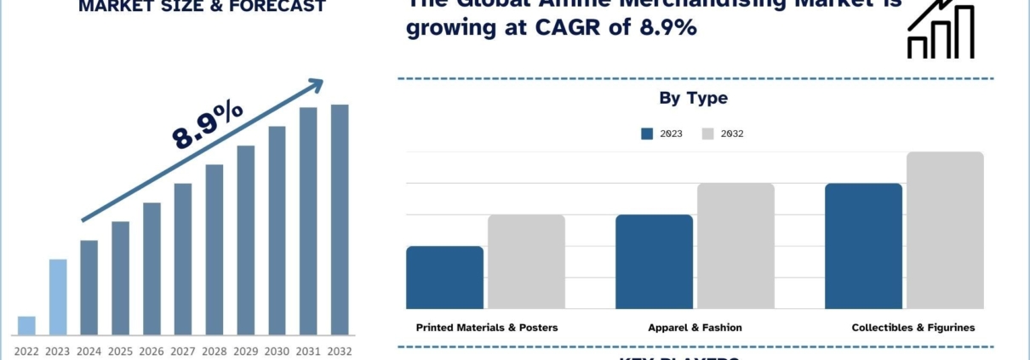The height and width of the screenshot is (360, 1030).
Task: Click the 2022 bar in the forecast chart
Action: click(x=26, y=325)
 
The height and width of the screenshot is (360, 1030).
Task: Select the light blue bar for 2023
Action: click(x=58, y=297)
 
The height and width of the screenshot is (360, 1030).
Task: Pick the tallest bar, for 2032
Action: click(x=340, y=220)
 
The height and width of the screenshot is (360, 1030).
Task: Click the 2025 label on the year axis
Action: click(x=120, y=351)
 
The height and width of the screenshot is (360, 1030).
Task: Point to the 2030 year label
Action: click(x=277, y=351)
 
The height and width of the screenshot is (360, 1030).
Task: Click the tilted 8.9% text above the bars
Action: click(x=208, y=126)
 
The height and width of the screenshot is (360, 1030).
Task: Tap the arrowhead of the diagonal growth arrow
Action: click(x=317, y=84)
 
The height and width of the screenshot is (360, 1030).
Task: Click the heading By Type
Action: click(x=693, y=98)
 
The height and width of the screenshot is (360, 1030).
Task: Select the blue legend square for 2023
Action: click(x=647, y=134)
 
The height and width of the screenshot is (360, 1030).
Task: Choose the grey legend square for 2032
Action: click(x=707, y=134)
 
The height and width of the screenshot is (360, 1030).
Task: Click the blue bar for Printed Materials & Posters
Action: click(x=444, y=277)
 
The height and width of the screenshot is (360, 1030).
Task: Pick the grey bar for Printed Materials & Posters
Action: click(x=526, y=261)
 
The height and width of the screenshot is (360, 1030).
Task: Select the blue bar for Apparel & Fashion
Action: click(x=654, y=261)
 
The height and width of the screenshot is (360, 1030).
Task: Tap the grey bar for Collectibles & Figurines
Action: click(x=945, y=230)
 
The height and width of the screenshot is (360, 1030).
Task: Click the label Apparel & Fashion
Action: click(x=695, y=327)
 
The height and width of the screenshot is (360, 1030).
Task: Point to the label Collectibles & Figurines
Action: click(x=913, y=327)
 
